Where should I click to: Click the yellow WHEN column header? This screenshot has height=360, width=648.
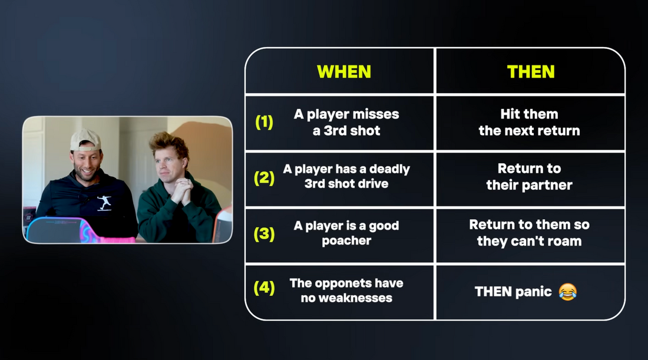coord(344,72)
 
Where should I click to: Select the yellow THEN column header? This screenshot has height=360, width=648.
coord(531,72)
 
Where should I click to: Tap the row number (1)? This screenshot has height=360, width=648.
coord(264,122)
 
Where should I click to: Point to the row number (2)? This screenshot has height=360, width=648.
coord(264,178)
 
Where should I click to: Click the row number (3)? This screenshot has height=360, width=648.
coord(264,234)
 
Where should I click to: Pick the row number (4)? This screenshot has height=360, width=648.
coord(264,288)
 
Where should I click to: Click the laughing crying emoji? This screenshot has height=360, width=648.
coord(568,292)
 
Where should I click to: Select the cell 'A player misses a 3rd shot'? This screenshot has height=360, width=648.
coord(346,123)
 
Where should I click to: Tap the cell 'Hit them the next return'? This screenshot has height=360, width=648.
coord(530,123)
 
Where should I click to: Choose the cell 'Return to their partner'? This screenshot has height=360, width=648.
coord(530,177)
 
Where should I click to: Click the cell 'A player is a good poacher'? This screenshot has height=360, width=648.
coord(346,233)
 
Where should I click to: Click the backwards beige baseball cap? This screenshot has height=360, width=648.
coord(85,140)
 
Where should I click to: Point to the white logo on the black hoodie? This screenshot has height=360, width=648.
coord(104,203)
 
